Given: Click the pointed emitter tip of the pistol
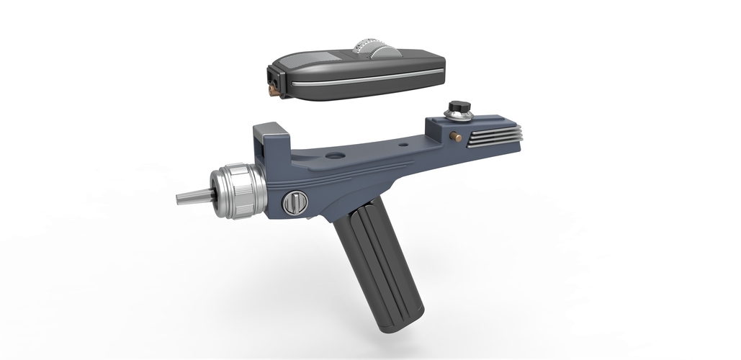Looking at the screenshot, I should [x=189, y=197].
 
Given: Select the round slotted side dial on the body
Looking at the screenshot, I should [x=294, y=202].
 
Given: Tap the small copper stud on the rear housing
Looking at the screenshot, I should [x=454, y=136].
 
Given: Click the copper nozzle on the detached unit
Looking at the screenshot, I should [x=274, y=91].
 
